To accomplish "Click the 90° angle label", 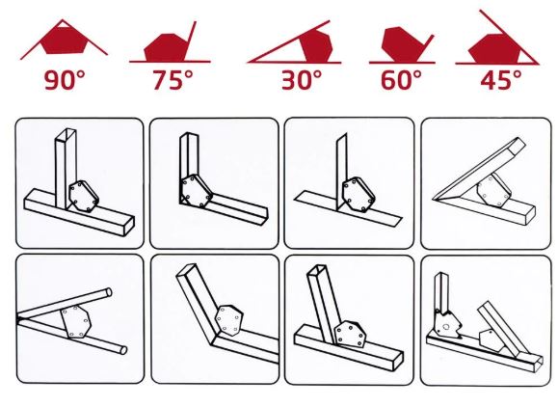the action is pyautogui.click(x=65, y=79).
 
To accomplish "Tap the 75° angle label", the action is pyautogui.click(x=173, y=79).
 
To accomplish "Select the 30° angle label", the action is pyautogui.click(x=302, y=80).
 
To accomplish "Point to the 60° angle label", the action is pyautogui.click(x=401, y=80).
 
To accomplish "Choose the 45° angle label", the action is pyautogui.click(x=501, y=80).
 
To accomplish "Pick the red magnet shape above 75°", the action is pyautogui.click(x=166, y=47).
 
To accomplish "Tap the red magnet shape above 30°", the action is pyautogui.click(x=317, y=46).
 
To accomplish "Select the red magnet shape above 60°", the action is pyautogui.click(x=402, y=43).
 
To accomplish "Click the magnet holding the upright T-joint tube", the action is pyautogui.click(x=84, y=196).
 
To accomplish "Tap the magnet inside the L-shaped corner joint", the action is pyautogui.click(x=196, y=191).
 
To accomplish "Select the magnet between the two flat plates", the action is pyautogui.click(x=359, y=195).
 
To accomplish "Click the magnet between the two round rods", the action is pyautogui.click(x=76, y=321).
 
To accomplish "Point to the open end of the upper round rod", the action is pyautogui.click(x=109, y=292).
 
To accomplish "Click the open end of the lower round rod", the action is pyautogui.click(x=123, y=350).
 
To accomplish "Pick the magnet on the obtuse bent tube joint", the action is pyautogui.click(x=229, y=320).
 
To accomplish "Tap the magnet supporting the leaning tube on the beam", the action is pyautogui.click(x=350, y=334).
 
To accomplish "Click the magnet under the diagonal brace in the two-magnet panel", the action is pyautogui.click(x=492, y=340).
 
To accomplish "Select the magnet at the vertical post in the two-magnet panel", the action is pyautogui.click(x=448, y=323).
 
